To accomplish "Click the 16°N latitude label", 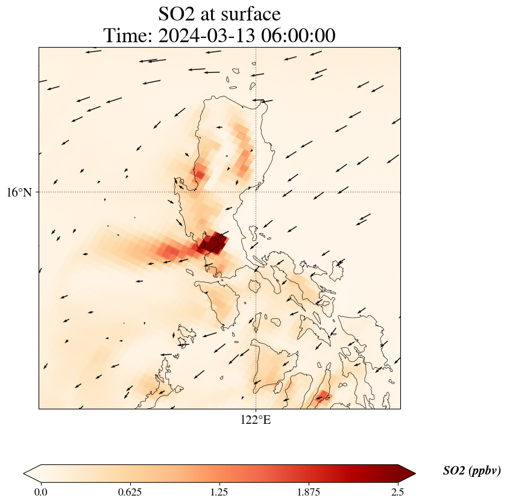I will click(22, 192).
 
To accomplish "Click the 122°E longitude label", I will click(256, 420).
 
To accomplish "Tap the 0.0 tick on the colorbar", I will click(40, 492).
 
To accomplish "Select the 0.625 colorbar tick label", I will click(130, 492).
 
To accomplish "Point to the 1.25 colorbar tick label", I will click(219, 492).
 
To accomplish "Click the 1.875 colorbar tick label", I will click(308, 492).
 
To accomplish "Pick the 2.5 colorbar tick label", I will click(397, 492).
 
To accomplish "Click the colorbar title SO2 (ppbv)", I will click(471, 471).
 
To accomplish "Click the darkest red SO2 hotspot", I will click(212, 244).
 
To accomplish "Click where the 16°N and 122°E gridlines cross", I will click(256, 192).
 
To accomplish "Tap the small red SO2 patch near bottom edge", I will click(323, 396).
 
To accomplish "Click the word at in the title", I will click(211, 13).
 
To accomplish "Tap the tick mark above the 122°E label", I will click(256, 410).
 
